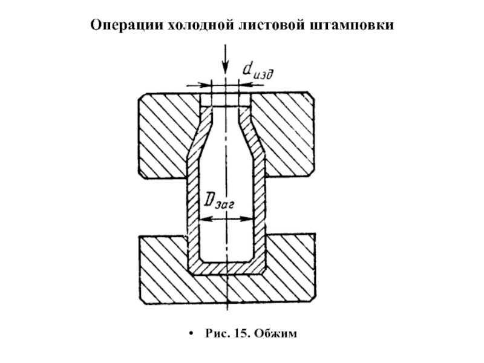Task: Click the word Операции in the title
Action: pos(126,25)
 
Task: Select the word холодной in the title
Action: pos(201,24)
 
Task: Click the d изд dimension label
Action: pos(258,72)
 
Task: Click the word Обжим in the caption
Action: pos(276,334)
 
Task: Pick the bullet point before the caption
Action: pos(192,334)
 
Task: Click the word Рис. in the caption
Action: pos(217,334)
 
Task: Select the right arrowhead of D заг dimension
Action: pos(247,219)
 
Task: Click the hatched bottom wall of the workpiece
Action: pos(226,268)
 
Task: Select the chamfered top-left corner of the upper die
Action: pos(142,97)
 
